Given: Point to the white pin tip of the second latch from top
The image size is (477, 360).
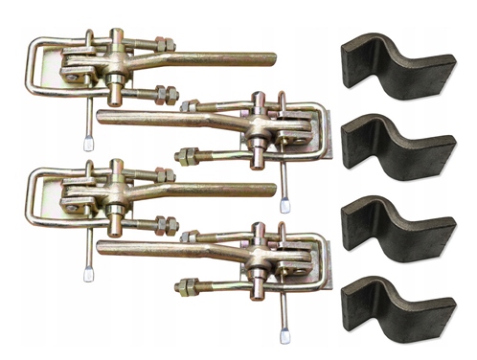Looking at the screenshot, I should pos(284,204).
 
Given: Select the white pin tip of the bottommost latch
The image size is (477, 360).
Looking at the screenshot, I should pos(284,334).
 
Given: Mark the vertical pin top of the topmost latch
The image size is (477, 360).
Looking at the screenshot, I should pos(115,36).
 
